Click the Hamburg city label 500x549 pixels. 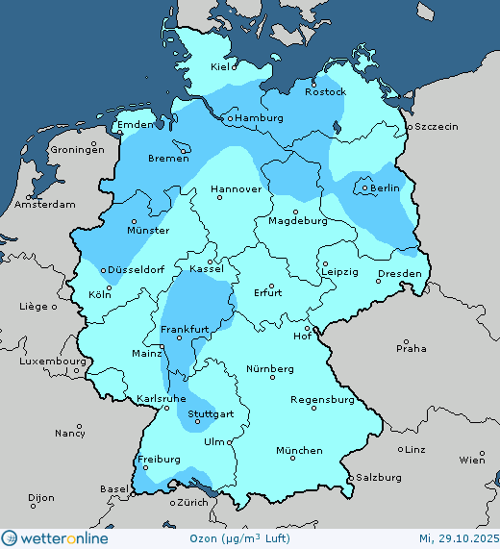coord(259,118)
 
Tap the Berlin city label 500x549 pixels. coord(385,188)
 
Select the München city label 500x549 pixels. coord(299,451)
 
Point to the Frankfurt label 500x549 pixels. coord(185,330)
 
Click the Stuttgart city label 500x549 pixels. coord(211,414)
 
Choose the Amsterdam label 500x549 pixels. coord(45,206)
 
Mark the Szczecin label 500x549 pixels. coord(437,127)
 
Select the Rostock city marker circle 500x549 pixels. coord(325,83)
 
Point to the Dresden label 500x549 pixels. coord(399,274)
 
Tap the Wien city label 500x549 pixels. coord(472,461)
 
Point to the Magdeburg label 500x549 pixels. coord(299,221)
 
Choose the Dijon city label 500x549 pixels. coord(41,499)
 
